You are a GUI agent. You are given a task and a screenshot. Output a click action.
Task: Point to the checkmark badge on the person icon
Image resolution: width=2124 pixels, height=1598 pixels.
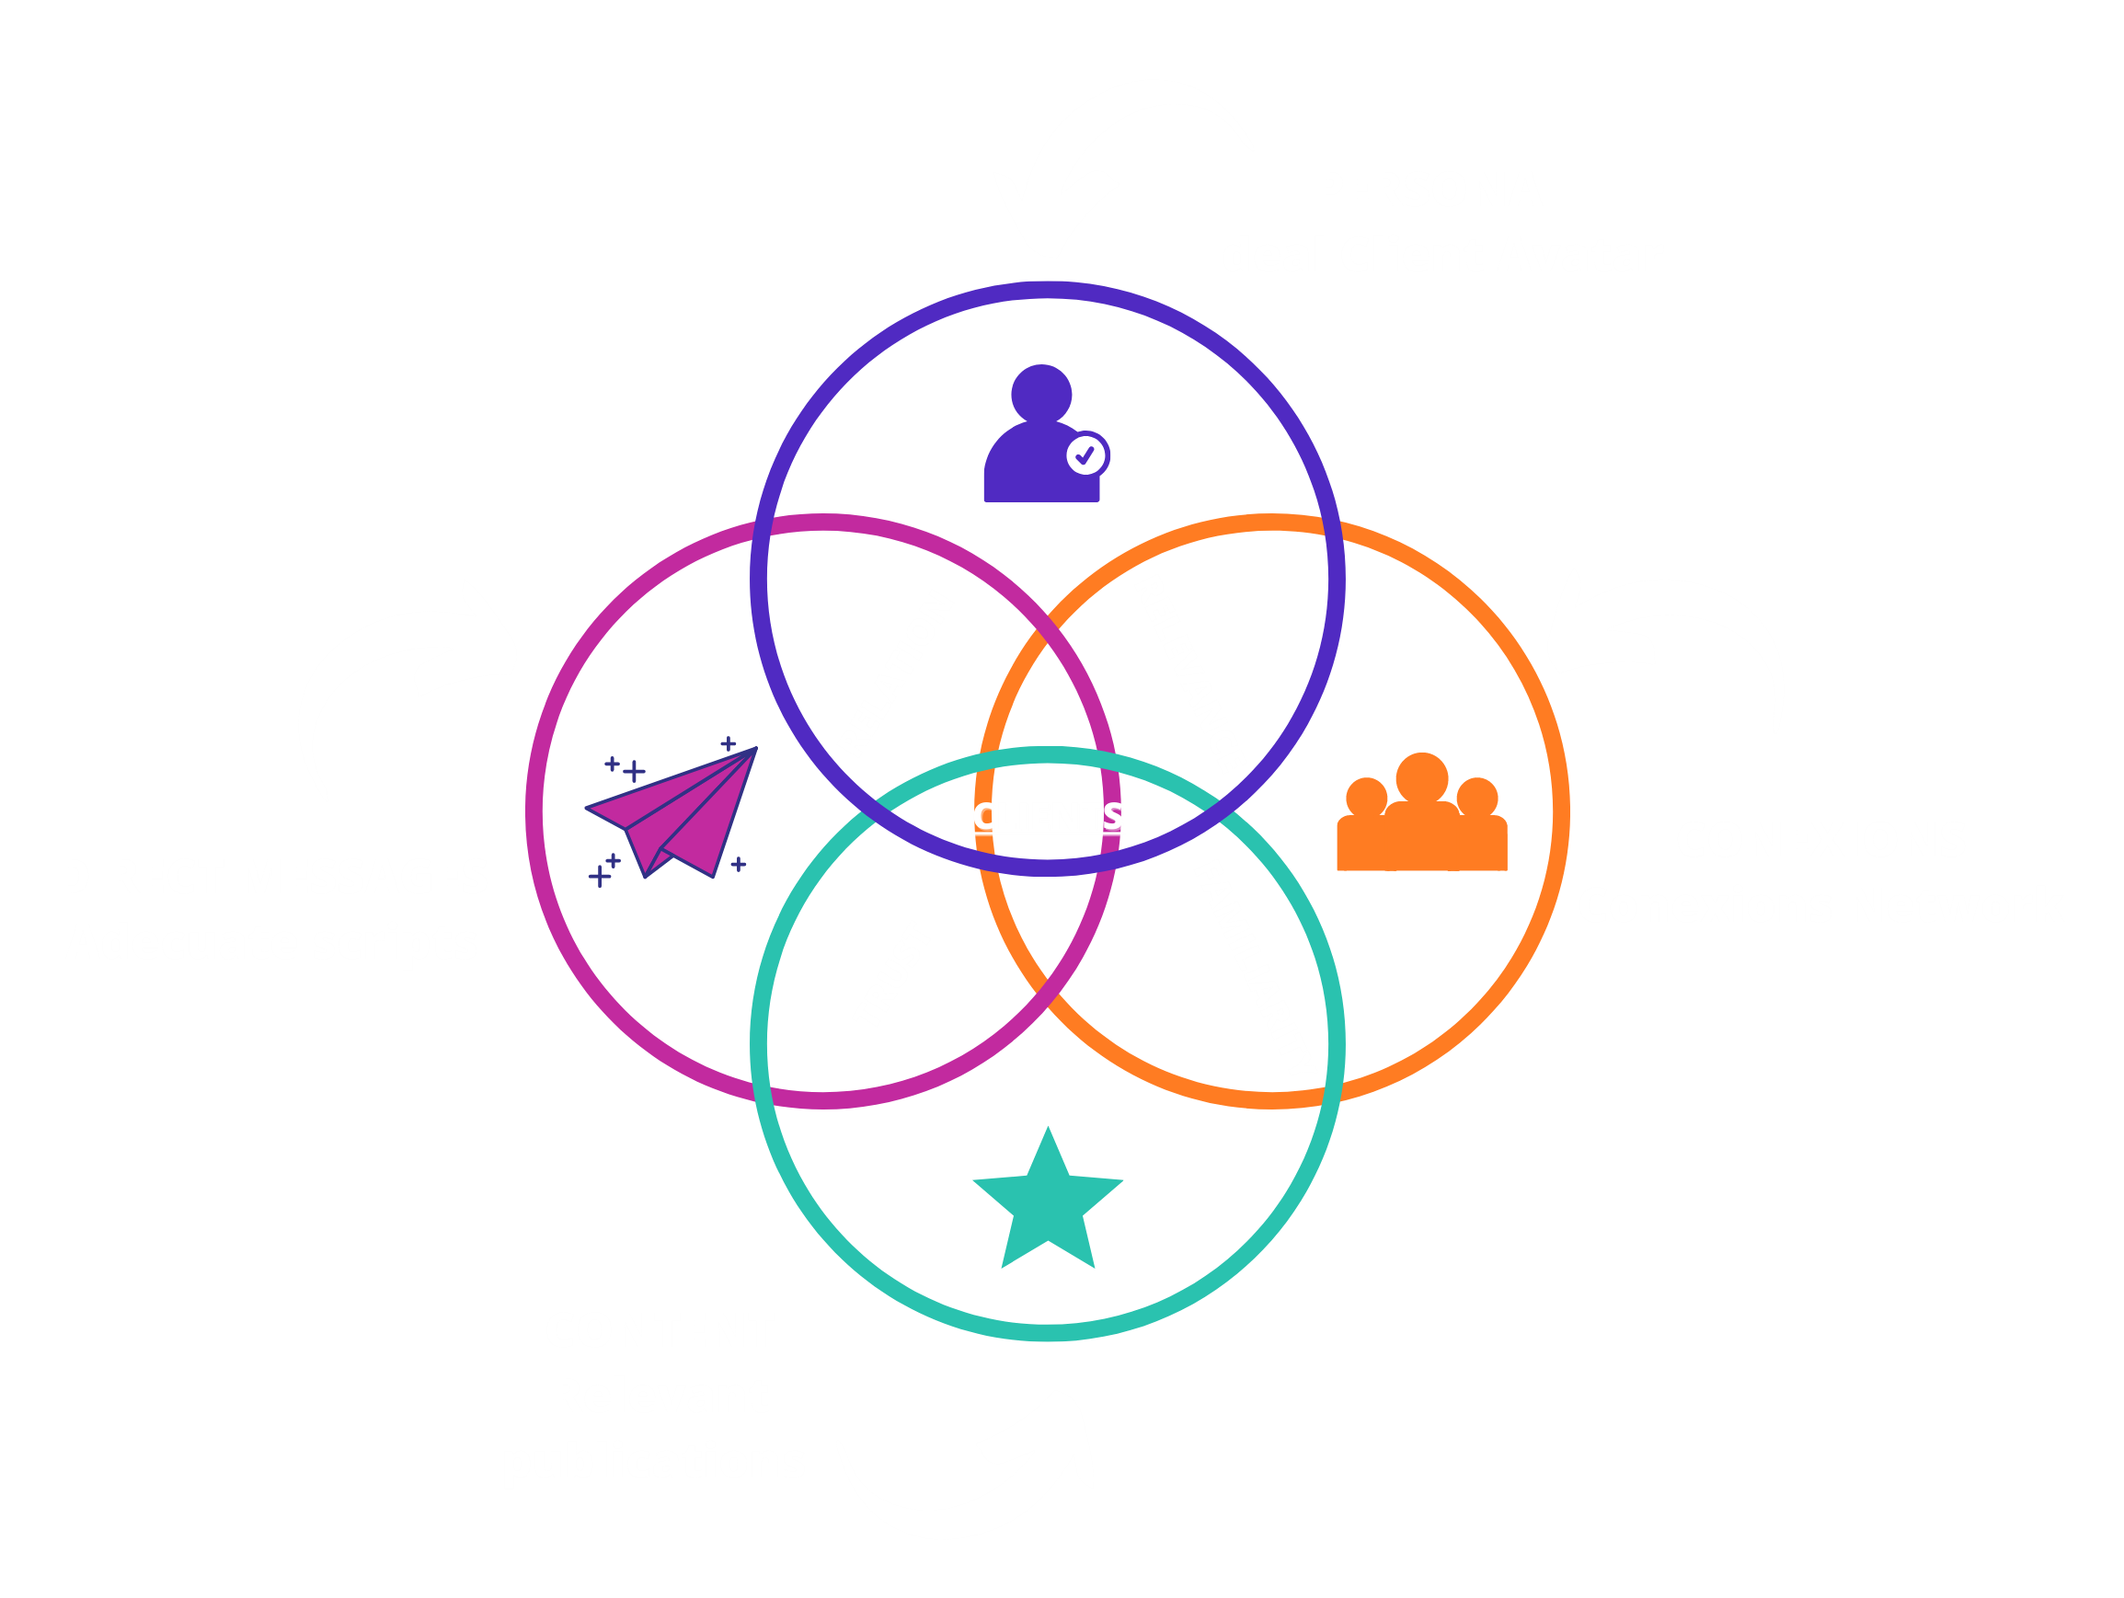1087,455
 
